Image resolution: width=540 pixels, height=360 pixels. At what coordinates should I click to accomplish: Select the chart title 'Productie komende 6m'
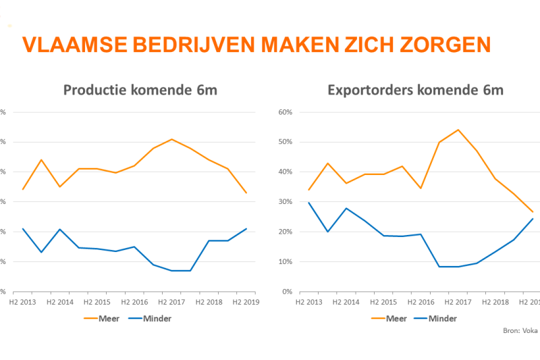[x=140, y=91]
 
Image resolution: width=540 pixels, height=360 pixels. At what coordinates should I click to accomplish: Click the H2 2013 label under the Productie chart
[x=23, y=302]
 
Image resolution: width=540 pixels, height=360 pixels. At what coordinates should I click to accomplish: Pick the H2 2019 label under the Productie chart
[x=246, y=302]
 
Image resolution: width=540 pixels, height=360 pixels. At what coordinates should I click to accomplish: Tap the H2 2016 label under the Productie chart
[x=134, y=302]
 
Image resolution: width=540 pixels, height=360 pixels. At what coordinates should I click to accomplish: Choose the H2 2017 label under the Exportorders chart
[x=458, y=302]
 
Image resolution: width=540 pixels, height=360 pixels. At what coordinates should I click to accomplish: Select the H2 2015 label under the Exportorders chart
[x=384, y=302]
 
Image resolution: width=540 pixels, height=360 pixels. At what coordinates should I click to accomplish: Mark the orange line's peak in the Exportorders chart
[x=458, y=130]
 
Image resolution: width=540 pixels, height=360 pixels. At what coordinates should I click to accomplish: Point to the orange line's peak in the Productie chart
[x=171, y=139]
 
